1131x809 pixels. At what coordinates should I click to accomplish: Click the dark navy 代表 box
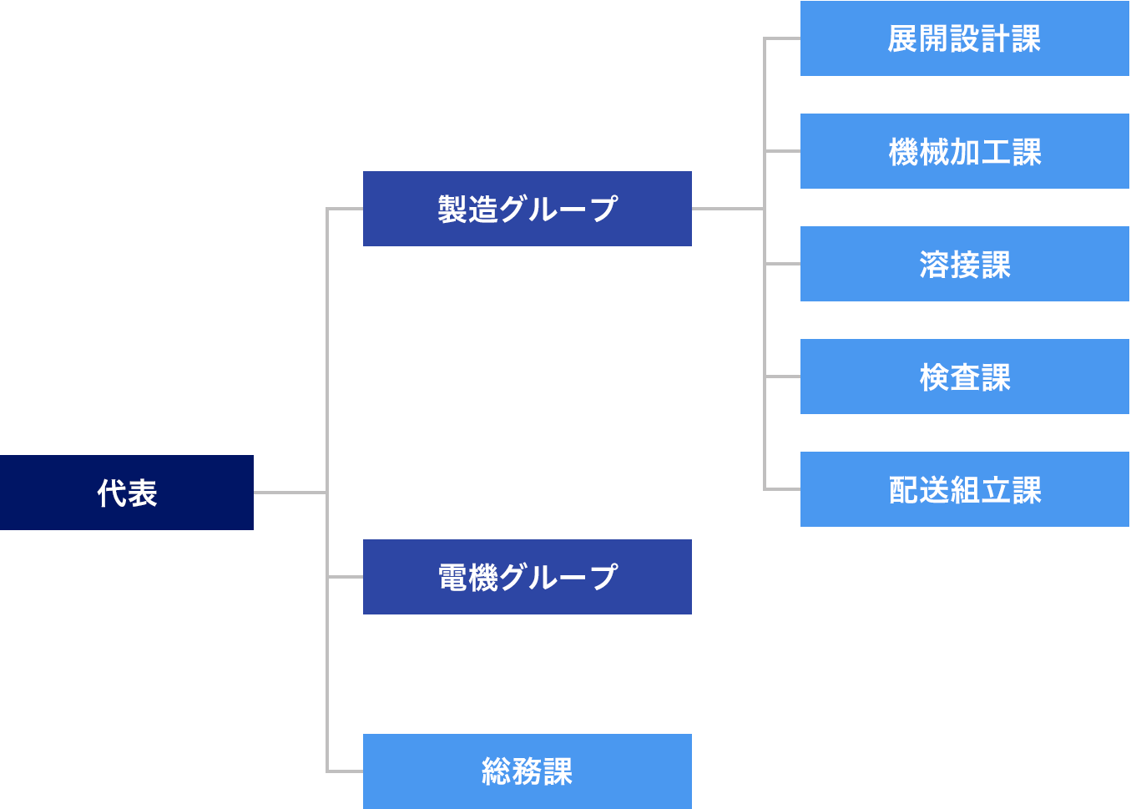(126, 493)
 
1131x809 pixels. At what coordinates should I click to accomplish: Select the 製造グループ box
(527, 209)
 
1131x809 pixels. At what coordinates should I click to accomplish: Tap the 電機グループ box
(527, 577)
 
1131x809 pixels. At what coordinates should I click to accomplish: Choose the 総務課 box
(527, 771)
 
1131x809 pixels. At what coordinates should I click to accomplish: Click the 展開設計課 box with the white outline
(964, 38)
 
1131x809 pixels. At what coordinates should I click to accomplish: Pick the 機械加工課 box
(964, 151)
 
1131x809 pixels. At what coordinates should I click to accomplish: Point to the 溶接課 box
(964, 264)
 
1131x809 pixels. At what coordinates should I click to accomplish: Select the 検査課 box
(964, 377)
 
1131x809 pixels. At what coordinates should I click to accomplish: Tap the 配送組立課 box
(964, 489)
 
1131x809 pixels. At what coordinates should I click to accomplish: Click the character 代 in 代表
(112, 493)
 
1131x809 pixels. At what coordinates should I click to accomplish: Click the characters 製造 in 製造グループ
(467, 210)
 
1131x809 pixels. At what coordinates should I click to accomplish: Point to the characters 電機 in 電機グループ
(467, 578)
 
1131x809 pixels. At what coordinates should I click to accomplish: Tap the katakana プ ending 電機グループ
(603, 578)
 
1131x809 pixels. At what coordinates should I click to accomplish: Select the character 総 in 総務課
(497, 772)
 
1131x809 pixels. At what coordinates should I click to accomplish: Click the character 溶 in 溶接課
(934, 265)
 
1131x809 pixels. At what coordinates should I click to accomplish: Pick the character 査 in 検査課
(965, 377)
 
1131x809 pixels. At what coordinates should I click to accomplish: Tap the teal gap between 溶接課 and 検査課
(992, 320)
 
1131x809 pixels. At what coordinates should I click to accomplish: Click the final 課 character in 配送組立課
(1027, 490)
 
